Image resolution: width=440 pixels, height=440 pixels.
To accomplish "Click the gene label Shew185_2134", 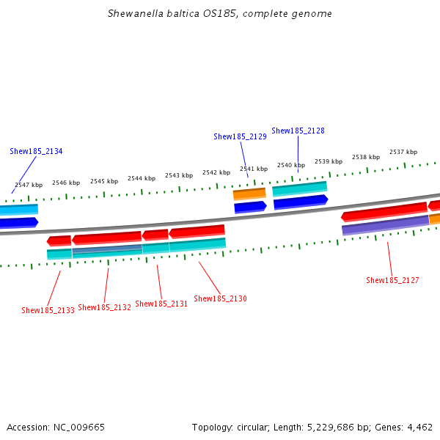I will click(36, 152).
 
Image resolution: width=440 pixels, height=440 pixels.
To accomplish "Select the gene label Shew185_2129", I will click(240, 136).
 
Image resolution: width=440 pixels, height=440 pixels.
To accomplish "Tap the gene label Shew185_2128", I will click(298, 131).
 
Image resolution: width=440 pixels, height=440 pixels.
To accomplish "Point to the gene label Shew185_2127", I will click(392, 281).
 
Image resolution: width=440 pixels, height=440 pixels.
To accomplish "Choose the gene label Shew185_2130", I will click(220, 299).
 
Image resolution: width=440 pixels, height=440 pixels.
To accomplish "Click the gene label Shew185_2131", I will click(161, 304).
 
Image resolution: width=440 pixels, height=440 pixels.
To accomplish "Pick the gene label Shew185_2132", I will click(104, 308).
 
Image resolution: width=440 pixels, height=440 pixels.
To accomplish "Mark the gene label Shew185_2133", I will click(48, 311).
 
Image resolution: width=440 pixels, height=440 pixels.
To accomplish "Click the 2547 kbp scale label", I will click(29, 186).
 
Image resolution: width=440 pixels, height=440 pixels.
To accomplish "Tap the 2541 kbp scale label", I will click(253, 169).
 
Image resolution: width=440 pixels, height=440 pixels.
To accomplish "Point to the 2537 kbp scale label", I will click(403, 153).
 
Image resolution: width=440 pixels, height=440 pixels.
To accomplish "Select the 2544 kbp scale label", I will click(142, 178).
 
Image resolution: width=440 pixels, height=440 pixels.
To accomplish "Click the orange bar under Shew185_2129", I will click(249, 194).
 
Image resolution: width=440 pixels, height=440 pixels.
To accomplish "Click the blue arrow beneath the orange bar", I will click(249, 208).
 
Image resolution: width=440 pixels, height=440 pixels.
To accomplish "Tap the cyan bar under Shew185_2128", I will click(299, 189).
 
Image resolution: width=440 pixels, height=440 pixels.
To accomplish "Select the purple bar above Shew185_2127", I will click(385, 225).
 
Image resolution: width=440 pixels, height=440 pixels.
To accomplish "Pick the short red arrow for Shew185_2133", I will click(59, 241).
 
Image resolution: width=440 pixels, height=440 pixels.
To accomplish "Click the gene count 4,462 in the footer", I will click(419, 427).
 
